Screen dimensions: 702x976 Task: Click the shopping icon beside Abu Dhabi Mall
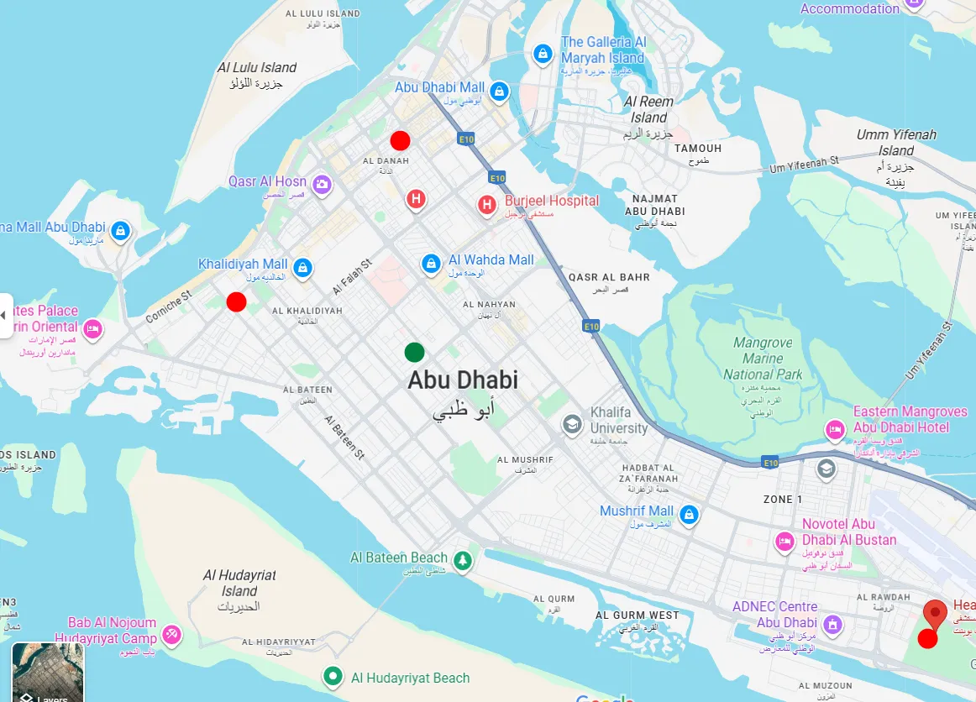[499, 91]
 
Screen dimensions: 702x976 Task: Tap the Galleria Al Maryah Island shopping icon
[543, 55]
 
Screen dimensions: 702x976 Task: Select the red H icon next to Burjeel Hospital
[486, 204]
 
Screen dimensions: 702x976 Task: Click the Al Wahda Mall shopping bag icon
[431, 264]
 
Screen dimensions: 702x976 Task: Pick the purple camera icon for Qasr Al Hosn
[321, 184]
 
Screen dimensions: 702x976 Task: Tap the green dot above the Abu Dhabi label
[414, 352]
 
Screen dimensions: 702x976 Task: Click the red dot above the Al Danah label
[400, 140]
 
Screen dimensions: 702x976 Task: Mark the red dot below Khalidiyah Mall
[236, 301]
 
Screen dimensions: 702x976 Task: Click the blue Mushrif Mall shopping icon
[689, 514]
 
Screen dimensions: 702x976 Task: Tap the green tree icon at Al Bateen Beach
[462, 560]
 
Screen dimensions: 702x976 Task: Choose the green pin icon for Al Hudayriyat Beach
[333, 675]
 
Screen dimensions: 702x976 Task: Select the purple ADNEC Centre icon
[832, 624]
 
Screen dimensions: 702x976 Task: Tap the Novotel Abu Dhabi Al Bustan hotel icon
[785, 541]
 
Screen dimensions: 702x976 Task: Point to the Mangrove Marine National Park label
[763, 359]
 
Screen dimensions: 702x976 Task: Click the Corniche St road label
[169, 307]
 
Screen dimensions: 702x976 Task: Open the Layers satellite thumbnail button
[48, 672]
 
